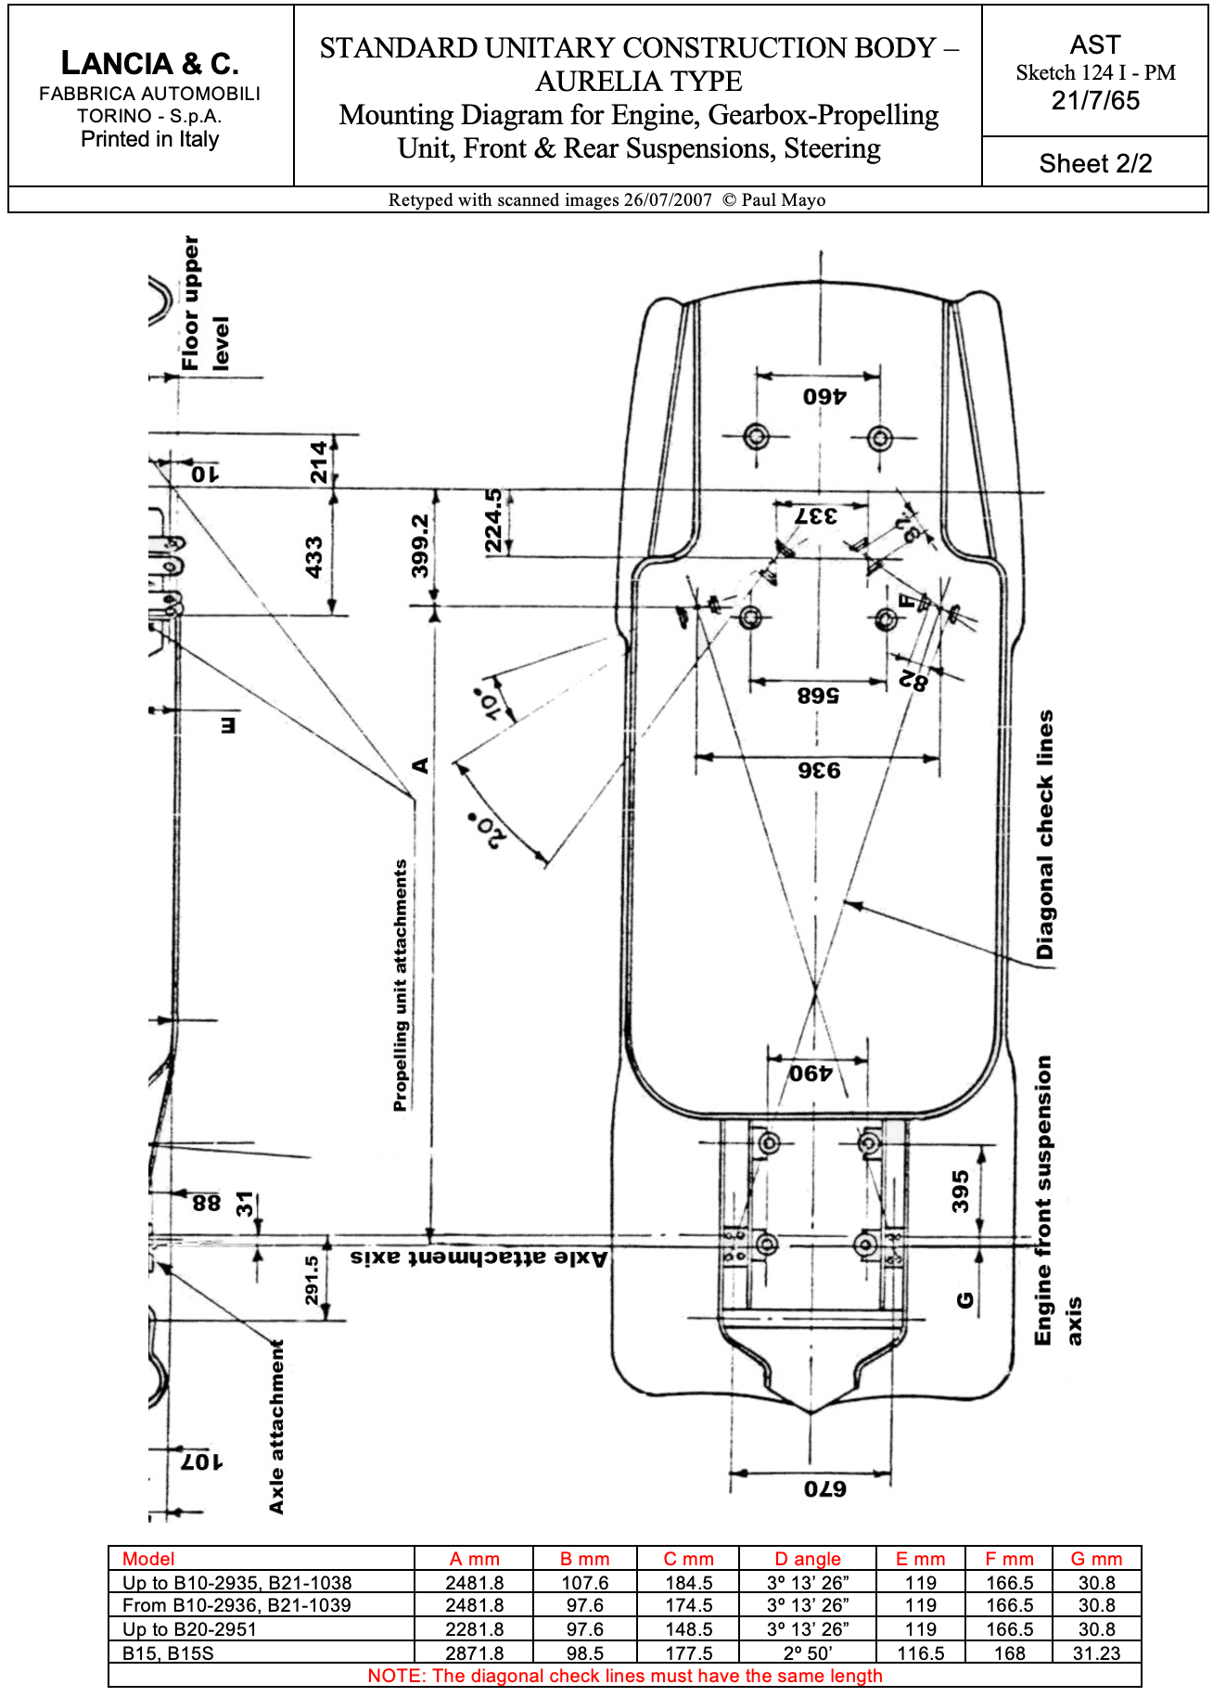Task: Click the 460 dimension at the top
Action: click(824, 396)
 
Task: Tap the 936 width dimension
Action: click(819, 771)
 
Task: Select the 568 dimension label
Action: click(817, 695)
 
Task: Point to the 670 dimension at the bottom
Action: click(824, 1489)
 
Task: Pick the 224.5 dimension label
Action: click(493, 521)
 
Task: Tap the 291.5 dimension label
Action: click(312, 1281)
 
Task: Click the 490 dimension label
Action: click(811, 1074)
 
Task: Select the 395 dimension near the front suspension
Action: click(960, 1192)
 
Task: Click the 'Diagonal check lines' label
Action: click(1045, 835)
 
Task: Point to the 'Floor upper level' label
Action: click(205, 303)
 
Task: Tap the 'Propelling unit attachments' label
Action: click(401, 985)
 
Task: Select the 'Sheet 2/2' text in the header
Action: click(1095, 163)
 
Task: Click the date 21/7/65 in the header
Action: click(1095, 100)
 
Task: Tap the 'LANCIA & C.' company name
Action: click(150, 63)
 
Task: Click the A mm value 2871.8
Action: click(475, 1652)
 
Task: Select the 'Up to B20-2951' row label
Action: click(189, 1629)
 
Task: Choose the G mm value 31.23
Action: click(1096, 1652)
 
